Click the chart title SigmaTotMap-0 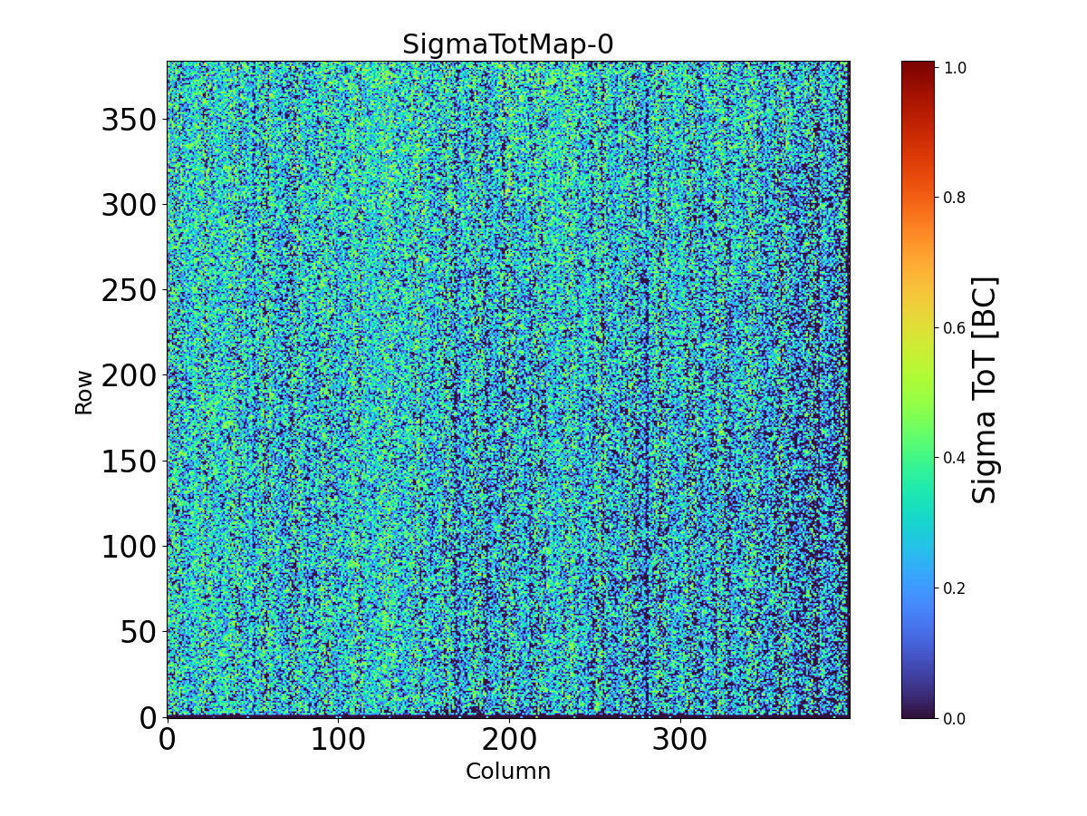click(507, 44)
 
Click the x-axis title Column click(507, 772)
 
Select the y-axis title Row click(83, 392)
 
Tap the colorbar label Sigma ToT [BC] click(985, 390)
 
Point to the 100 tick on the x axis click(338, 739)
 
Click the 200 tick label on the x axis click(509, 739)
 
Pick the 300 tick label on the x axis click(680, 739)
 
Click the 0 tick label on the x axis click(168, 739)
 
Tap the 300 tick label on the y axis click(129, 205)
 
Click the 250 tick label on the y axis click(129, 290)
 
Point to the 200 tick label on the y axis click(129, 375)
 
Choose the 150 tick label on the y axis click(129, 461)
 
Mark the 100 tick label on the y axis click(129, 547)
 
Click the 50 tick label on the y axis click(138, 632)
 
